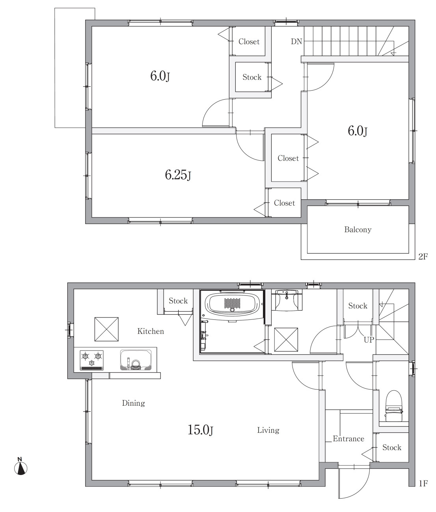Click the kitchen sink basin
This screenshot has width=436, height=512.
(x=136, y=360)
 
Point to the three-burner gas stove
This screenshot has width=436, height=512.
(x=91, y=360)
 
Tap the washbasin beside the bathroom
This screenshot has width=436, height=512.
(x=287, y=300)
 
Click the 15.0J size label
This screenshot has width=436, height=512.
(x=200, y=430)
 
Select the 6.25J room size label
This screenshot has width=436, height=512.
(x=178, y=175)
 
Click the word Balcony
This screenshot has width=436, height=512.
(x=358, y=230)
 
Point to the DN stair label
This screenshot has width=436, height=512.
(x=296, y=41)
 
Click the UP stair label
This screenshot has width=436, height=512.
(x=369, y=339)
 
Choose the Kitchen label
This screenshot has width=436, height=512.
(x=151, y=331)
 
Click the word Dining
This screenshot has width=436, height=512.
(x=133, y=403)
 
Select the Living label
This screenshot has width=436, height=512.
(x=268, y=430)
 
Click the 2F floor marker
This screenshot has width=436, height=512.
(x=423, y=256)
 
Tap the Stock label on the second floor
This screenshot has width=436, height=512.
(x=252, y=77)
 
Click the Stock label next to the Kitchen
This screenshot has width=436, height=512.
(x=178, y=301)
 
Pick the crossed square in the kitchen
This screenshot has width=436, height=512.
(x=106, y=329)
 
